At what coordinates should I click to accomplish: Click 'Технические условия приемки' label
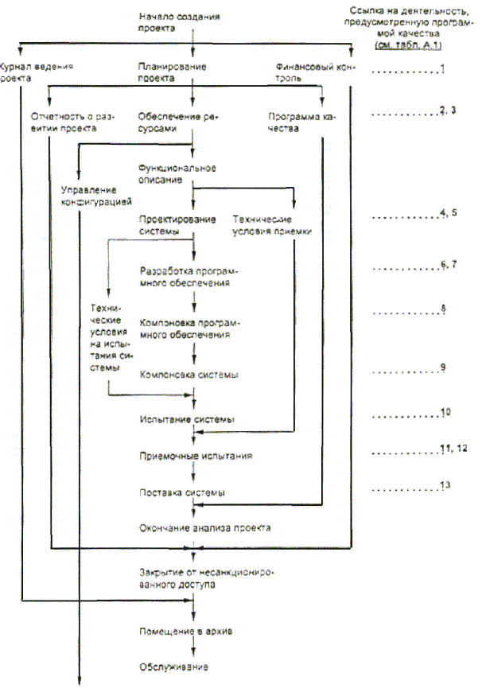click(x=270, y=225)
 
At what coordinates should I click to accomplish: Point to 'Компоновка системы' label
click(x=189, y=374)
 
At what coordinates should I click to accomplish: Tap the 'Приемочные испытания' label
click(x=195, y=457)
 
